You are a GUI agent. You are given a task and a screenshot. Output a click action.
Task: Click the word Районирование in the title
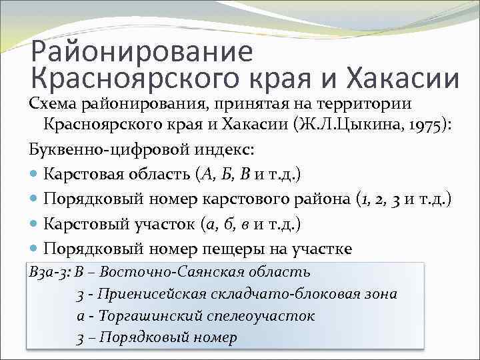click(x=142, y=51)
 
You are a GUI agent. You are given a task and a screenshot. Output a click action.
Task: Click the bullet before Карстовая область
click(x=34, y=175)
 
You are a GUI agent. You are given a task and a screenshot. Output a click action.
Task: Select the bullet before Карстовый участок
click(x=34, y=224)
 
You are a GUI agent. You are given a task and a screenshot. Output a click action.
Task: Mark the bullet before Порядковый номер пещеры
click(x=34, y=249)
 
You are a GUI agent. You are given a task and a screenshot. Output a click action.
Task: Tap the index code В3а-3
click(x=49, y=272)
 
